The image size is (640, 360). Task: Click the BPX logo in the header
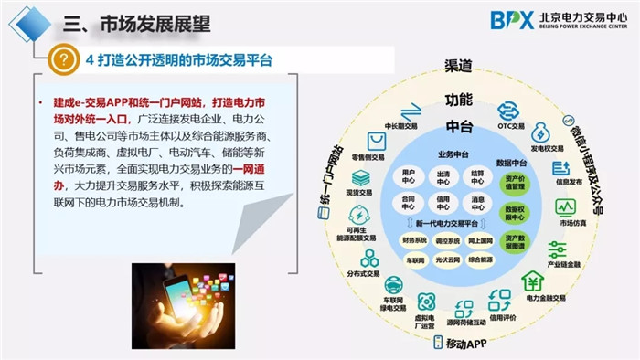coord(511,19)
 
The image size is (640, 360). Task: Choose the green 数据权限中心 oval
coord(517,213)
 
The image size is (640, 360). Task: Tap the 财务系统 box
coord(414,240)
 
